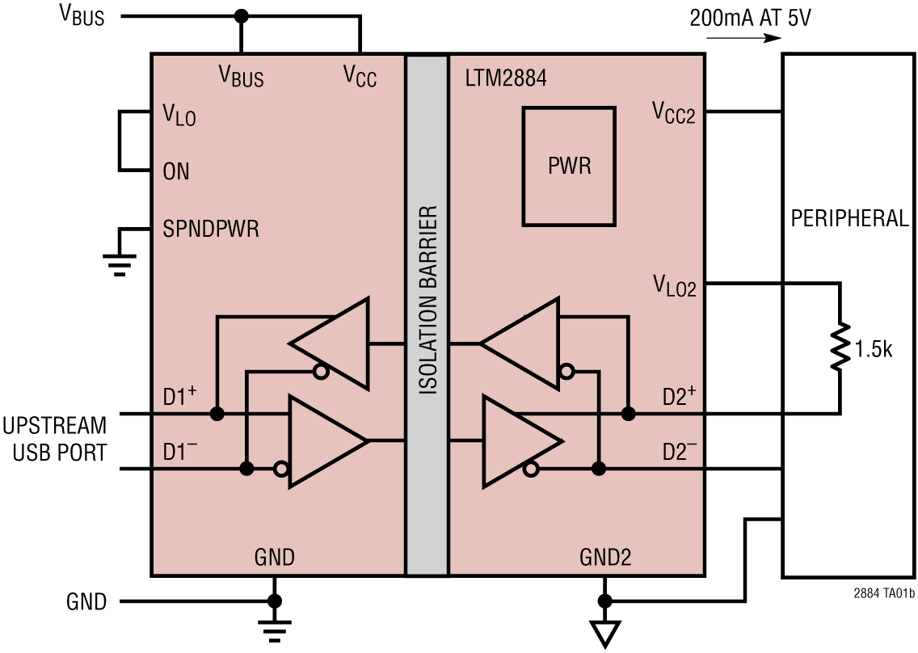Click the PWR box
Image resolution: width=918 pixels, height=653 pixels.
pyautogui.click(x=569, y=166)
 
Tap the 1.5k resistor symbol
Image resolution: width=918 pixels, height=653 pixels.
pyautogui.click(x=840, y=348)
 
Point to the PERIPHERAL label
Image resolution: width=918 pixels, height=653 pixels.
pyautogui.click(x=849, y=219)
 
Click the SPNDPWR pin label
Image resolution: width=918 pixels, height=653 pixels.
pyautogui.click(x=211, y=230)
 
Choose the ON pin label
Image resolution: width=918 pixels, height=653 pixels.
pyautogui.click(x=176, y=171)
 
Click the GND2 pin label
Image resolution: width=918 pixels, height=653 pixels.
pyautogui.click(x=605, y=557)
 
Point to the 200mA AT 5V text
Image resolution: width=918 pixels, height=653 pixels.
pyautogui.click(x=750, y=18)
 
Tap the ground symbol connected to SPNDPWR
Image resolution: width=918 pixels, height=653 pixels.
pyautogui.click(x=120, y=263)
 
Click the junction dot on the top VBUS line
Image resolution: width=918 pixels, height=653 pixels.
pyautogui.click(x=240, y=16)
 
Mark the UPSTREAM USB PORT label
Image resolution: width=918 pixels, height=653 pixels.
pyautogui.click(x=54, y=439)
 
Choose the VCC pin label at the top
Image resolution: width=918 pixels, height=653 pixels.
pyautogui.click(x=360, y=77)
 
